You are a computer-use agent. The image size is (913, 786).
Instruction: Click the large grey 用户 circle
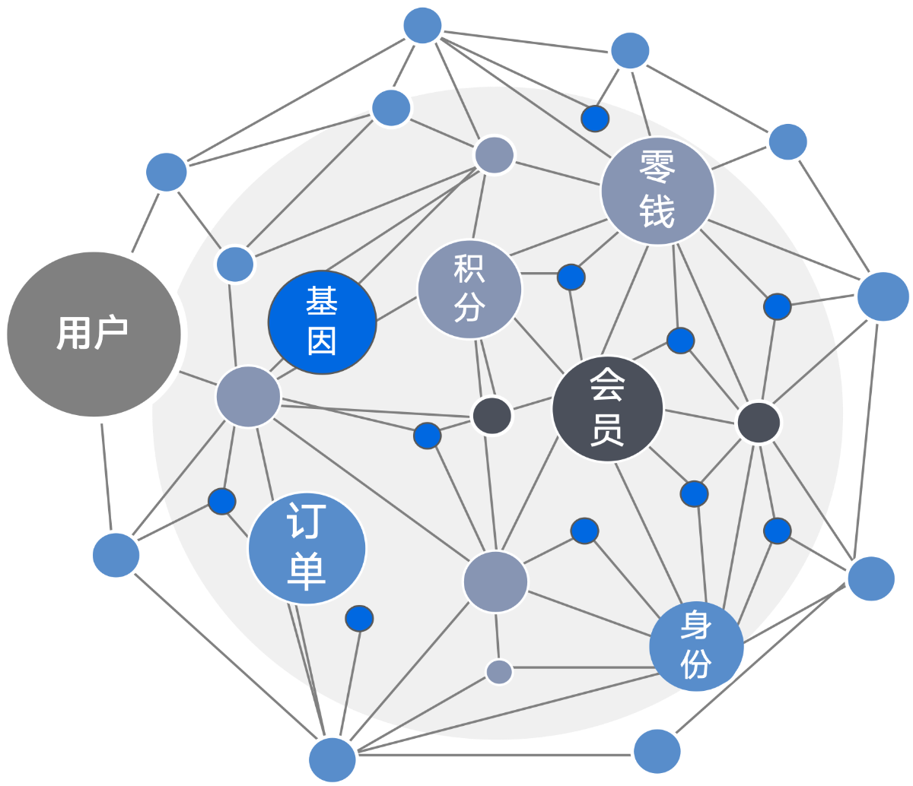tap(94, 334)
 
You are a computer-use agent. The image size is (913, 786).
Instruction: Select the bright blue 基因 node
tap(322, 322)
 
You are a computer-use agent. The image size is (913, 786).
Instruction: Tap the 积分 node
tap(469, 289)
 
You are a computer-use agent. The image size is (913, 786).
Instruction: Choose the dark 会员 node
tap(607, 409)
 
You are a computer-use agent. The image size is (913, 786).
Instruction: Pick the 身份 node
tap(696, 646)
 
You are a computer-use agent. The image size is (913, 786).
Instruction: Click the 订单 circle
tap(307, 548)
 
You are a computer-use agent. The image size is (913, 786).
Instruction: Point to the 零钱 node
tap(657, 191)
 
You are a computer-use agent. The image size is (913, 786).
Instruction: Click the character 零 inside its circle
tap(657, 166)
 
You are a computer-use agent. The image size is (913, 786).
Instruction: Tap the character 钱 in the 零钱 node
tap(657, 212)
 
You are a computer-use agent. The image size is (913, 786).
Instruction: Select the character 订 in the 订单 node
tap(307, 522)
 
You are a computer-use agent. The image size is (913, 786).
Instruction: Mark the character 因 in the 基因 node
tap(322, 341)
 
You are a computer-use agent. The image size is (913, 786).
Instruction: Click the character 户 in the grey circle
tap(112, 332)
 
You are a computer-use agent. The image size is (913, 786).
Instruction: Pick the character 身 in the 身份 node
tap(696, 625)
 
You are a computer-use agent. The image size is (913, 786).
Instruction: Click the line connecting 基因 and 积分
tap(396, 309)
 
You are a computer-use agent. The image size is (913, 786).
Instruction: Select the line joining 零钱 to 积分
tap(558, 237)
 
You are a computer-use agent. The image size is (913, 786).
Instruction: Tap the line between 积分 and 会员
tap(539, 346)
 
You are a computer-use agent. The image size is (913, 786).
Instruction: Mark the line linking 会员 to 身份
tap(649, 534)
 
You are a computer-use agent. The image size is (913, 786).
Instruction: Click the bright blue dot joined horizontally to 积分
tap(571, 277)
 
